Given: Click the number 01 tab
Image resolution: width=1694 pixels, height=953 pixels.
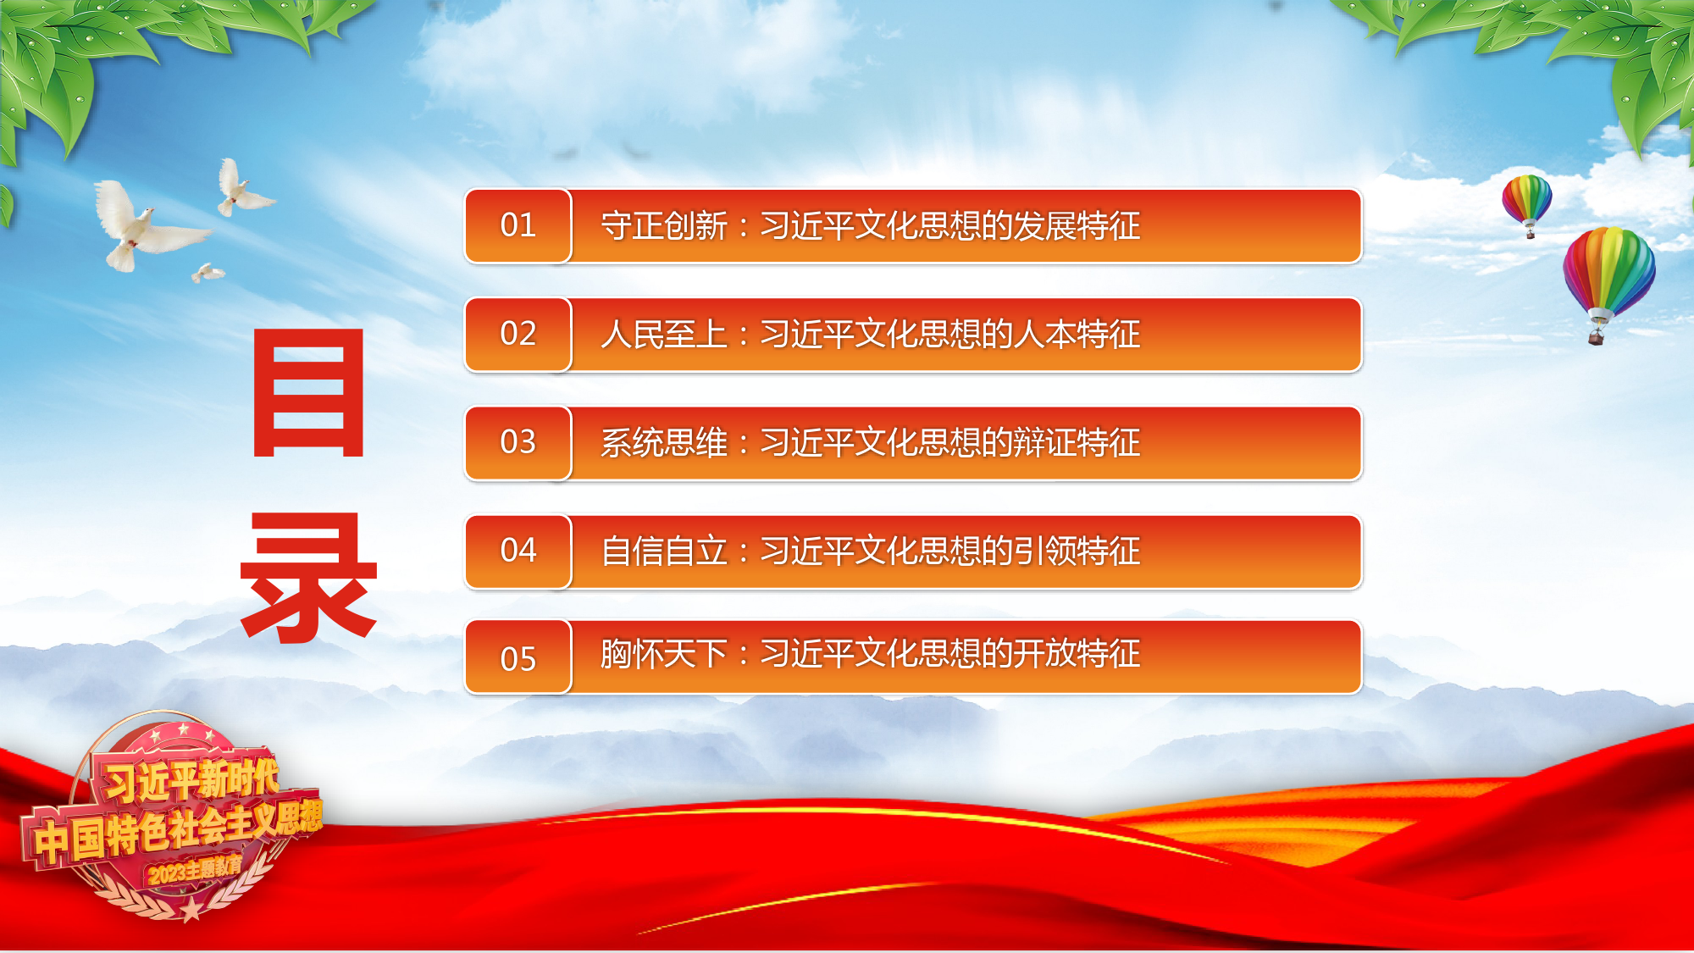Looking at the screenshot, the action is point(518,225).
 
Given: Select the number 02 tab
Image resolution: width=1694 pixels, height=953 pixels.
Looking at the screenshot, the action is point(518,334).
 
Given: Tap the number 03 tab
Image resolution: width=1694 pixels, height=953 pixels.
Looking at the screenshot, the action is point(518,442).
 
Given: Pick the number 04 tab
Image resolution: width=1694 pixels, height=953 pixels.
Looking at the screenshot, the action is point(518,551).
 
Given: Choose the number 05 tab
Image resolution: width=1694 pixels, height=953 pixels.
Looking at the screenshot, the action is point(518,657).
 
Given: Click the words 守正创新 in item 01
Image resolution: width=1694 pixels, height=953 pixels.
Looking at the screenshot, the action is point(664,226).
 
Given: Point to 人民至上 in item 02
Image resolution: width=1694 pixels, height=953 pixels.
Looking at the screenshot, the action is point(664,335).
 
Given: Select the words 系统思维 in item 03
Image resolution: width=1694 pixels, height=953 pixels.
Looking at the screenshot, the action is point(664,443).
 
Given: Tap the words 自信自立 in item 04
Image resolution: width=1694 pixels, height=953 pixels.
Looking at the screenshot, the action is point(664,551).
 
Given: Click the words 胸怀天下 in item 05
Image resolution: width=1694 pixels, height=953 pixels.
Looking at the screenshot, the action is point(664,654).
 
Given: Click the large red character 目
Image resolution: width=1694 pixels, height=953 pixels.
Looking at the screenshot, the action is point(309,393).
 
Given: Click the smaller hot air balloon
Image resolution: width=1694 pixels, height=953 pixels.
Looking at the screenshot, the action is point(1527,203).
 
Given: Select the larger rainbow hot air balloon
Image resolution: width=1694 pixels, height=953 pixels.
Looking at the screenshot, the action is point(1608,280).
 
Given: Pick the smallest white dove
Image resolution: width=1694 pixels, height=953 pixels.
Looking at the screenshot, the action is point(208,273).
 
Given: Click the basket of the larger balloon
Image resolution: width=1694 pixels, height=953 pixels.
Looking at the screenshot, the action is point(1596,338).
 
